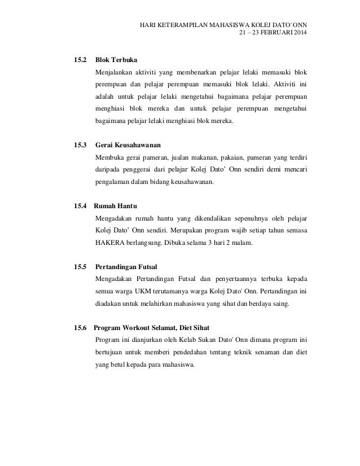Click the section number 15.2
[x=75, y=59]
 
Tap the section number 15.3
[x=75, y=144]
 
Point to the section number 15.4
[x=75, y=205]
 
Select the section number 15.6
[x=75, y=327]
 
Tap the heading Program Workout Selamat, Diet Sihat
[x=155, y=327]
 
